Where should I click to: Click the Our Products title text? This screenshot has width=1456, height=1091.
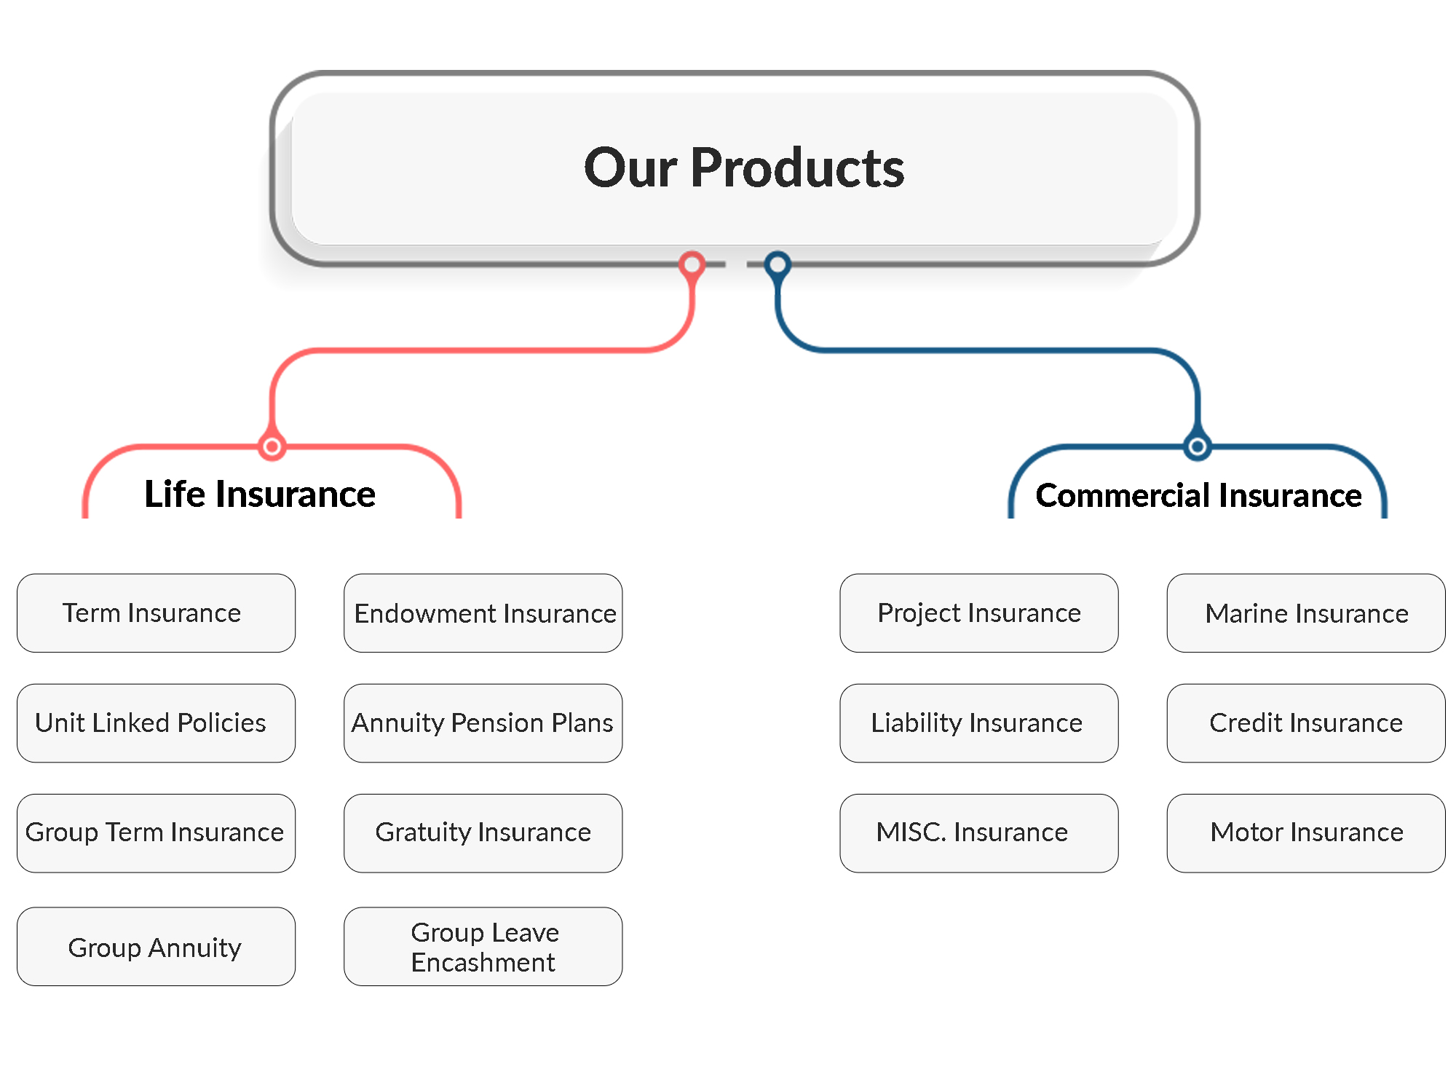(x=743, y=168)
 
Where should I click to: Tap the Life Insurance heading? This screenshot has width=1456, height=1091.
(x=260, y=495)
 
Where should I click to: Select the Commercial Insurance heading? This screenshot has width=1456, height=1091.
(x=1198, y=496)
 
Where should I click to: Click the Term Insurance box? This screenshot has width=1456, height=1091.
(x=156, y=613)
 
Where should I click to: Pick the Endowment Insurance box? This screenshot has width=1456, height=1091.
(x=483, y=613)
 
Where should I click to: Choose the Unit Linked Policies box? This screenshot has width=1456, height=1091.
(x=156, y=723)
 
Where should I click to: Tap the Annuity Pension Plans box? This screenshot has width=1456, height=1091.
(x=483, y=723)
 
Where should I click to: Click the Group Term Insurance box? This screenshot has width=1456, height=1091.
(x=156, y=833)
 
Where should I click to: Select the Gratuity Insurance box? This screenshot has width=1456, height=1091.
(x=483, y=833)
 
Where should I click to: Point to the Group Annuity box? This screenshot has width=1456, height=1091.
(x=156, y=947)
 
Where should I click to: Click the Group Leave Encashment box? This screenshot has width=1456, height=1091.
(x=483, y=947)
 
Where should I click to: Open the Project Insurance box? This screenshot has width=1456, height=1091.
(x=978, y=613)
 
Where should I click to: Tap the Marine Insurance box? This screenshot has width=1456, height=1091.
(x=1305, y=613)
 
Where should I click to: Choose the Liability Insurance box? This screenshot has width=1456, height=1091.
(x=978, y=723)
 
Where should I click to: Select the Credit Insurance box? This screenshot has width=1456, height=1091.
(x=1305, y=723)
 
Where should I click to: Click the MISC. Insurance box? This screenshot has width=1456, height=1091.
(x=978, y=833)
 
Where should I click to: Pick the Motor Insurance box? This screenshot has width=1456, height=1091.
(x=1305, y=833)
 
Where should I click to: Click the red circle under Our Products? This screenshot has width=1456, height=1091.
(x=692, y=264)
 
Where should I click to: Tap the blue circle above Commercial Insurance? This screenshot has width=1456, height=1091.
(x=1197, y=446)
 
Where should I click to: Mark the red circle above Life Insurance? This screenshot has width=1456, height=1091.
(x=272, y=446)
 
